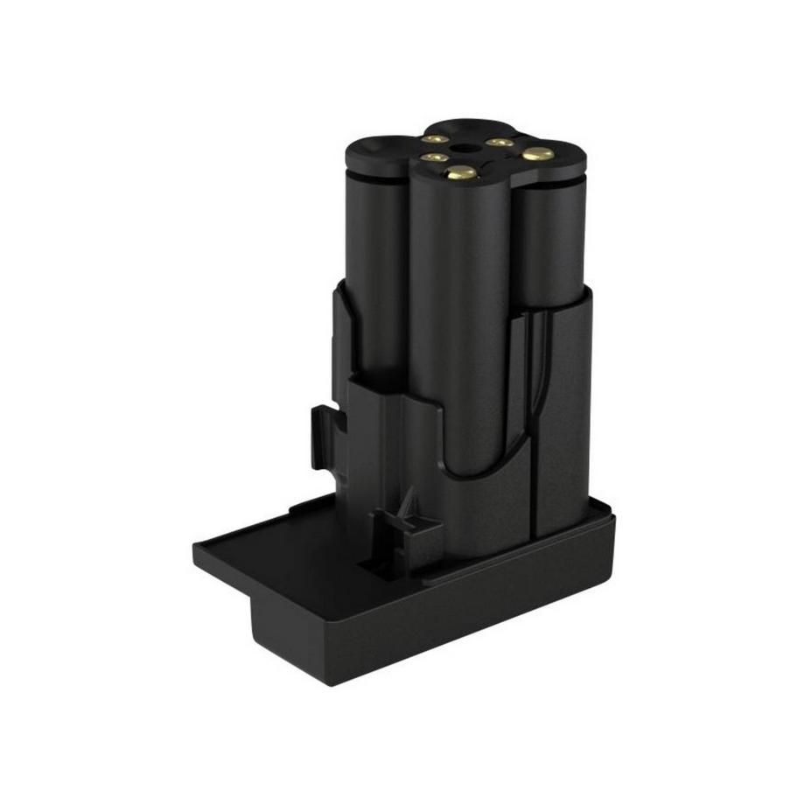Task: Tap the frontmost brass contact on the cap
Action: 460,173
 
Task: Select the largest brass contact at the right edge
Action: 537,154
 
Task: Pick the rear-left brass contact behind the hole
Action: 435,138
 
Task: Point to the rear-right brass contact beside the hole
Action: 499,141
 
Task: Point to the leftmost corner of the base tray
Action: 195,551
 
